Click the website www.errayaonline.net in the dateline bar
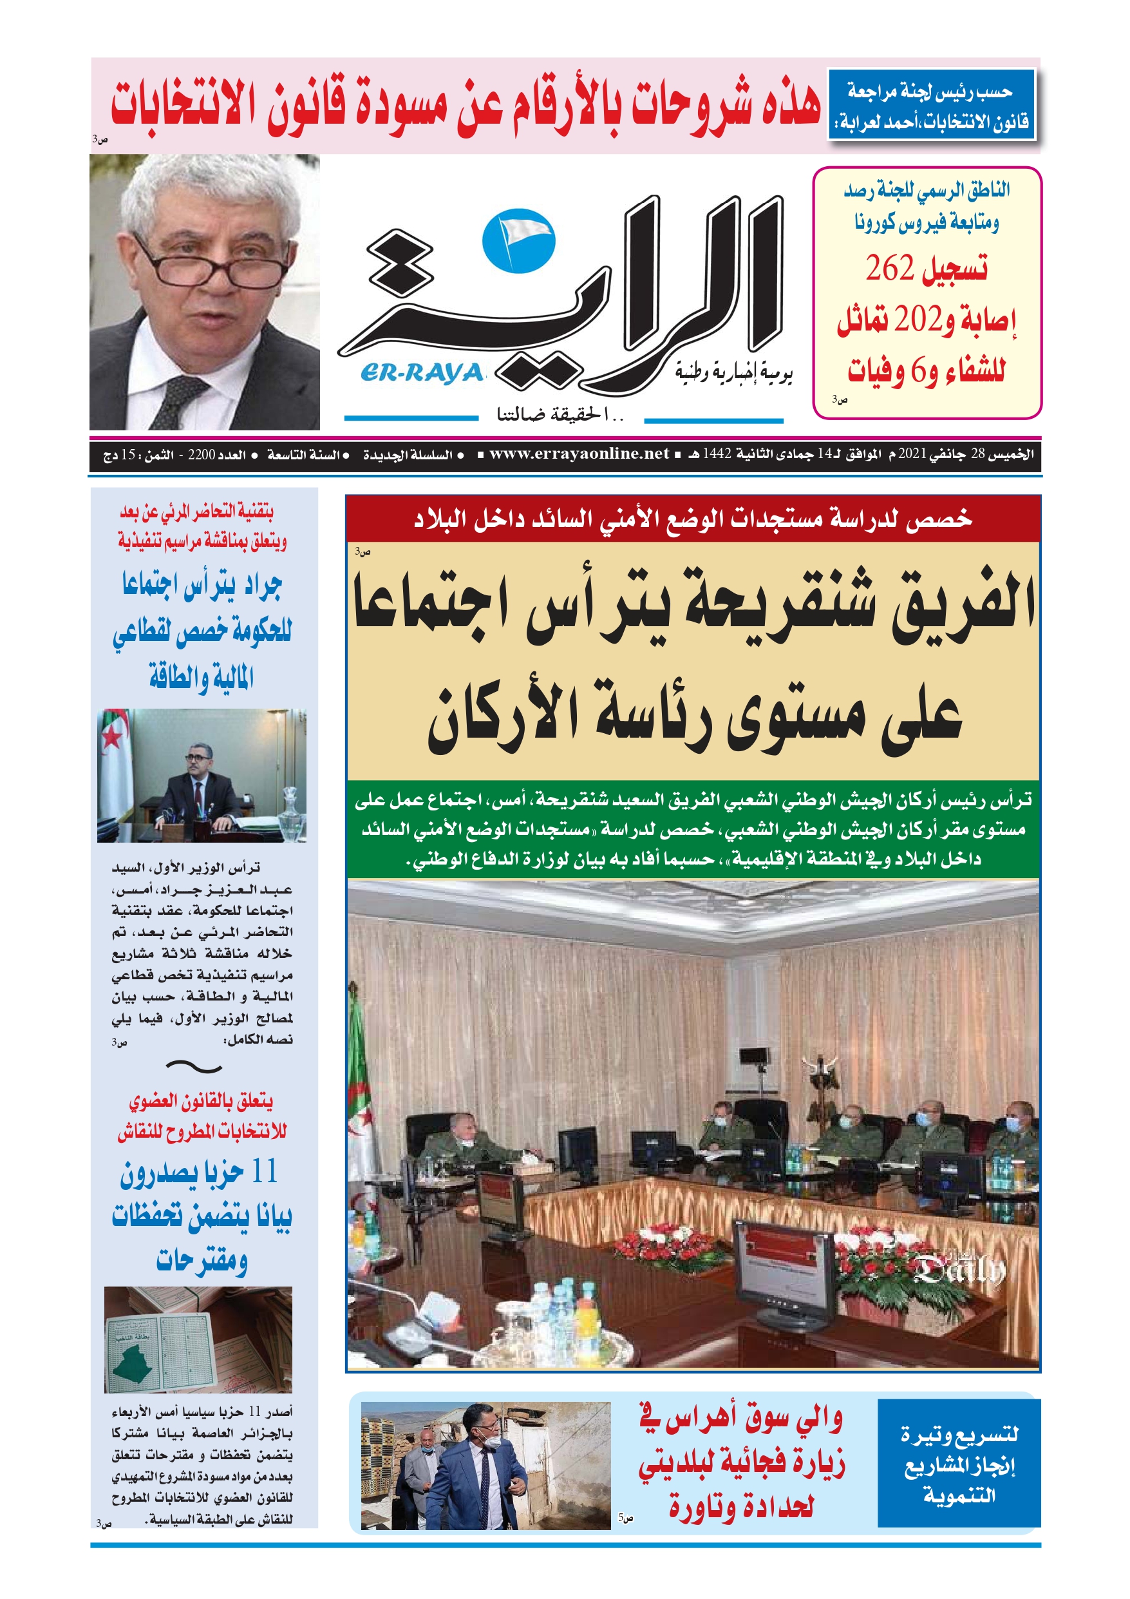pyautogui.click(x=579, y=454)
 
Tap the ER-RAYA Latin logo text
pyautogui.click(x=422, y=374)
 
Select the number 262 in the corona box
pyautogui.click(x=889, y=268)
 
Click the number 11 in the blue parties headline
pyautogui.click(x=264, y=1171)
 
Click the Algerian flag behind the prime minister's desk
pyautogui.click(x=114, y=759)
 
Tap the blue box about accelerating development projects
pyautogui.click(x=959, y=1464)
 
